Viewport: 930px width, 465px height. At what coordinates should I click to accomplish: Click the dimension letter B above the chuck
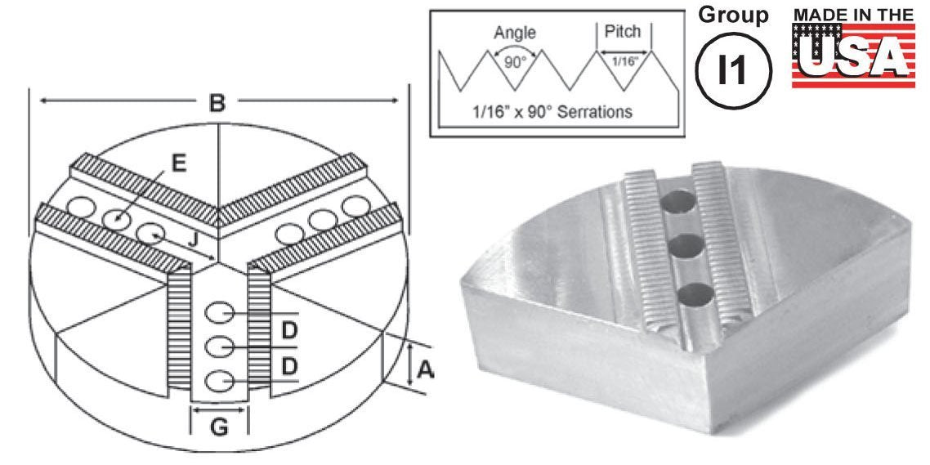point(217,103)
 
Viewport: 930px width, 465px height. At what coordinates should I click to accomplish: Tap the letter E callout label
point(178,163)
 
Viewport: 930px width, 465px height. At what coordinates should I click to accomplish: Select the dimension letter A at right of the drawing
point(425,370)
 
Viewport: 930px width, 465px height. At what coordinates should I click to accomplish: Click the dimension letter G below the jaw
point(220,428)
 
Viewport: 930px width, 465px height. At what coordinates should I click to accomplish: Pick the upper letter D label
point(288,331)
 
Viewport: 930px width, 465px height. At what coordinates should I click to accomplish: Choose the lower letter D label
point(288,367)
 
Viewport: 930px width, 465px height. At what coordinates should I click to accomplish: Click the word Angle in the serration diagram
point(515,34)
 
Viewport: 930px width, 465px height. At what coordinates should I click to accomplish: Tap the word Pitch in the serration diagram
point(622,31)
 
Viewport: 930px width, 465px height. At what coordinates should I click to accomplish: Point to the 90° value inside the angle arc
point(515,62)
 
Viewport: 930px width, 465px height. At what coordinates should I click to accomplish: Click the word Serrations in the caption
point(596,111)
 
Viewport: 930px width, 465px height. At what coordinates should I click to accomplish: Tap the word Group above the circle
point(733,15)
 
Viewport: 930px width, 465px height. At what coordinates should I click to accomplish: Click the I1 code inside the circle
point(732,70)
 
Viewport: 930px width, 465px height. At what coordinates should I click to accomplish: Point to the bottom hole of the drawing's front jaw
point(220,380)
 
